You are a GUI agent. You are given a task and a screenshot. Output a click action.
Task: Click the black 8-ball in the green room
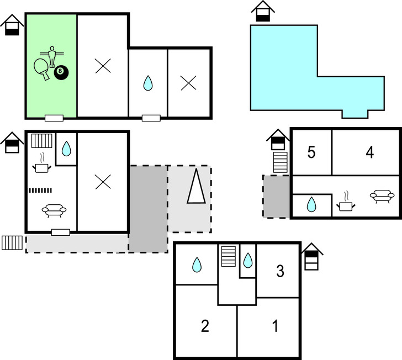pos(61,72)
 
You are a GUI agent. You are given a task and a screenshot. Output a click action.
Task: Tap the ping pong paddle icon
pos(42,68)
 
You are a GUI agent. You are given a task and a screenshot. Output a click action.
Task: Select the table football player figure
pos(52,57)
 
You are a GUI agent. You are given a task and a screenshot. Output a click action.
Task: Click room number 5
pos(311,152)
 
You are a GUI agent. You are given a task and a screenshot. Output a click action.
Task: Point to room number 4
pos(370,152)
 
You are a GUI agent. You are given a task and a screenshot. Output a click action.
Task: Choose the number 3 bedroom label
pos(280,271)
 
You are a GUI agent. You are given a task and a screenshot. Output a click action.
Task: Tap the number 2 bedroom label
pos(205,326)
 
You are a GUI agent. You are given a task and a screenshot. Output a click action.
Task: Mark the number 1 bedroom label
pos(276,326)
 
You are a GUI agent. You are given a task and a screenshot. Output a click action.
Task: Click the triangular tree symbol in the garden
pos(196,186)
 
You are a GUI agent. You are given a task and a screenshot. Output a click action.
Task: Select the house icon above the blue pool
pos(263,12)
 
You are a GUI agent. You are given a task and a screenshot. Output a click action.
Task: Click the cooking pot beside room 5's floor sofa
pos(346,202)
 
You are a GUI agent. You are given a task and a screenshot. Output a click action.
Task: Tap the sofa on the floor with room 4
pos(382,196)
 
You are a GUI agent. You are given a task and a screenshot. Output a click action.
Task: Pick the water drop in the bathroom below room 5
pos(311,204)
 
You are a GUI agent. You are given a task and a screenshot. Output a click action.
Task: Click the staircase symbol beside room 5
pos(280,162)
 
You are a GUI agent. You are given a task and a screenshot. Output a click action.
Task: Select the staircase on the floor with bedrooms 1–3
pos(229,256)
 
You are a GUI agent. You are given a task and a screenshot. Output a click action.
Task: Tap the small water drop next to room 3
pos(248,261)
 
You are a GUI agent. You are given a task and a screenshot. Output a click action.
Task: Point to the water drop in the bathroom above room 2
pos(197,264)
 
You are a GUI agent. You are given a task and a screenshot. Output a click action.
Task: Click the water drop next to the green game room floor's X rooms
pos(147,83)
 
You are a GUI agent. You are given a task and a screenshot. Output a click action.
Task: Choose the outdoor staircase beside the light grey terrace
pos(12,243)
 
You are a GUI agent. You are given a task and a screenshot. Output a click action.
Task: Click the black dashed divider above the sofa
pos(40,190)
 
